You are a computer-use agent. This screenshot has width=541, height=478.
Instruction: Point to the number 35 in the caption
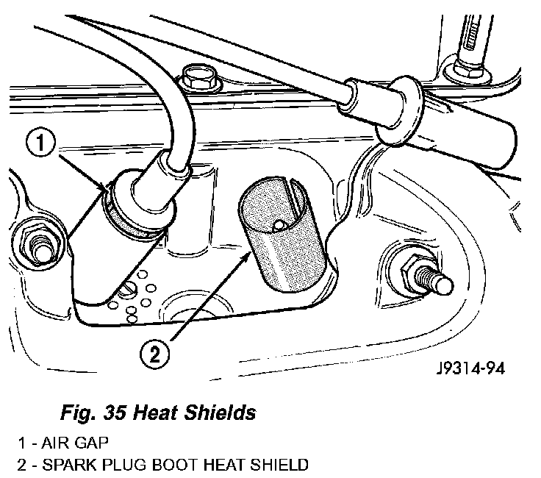[113, 413]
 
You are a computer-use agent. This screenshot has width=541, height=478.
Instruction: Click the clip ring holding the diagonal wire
[403, 110]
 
